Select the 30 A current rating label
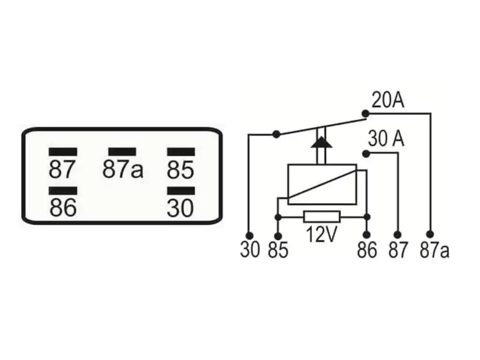click(x=386, y=138)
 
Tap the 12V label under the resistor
click(x=321, y=234)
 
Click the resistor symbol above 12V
click(x=322, y=217)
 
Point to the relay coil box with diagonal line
click(x=322, y=184)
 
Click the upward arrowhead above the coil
click(x=322, y=142)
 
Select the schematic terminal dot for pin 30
click(x=249, y=236)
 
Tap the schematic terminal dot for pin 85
click(x=278, y=236)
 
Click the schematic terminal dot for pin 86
click(x=367, y=235)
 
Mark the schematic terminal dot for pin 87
click(x=397, y=235)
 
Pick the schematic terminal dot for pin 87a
click(x=430, y=234)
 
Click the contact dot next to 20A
click(x=366, y=113)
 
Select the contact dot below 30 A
click(x=366, y=154)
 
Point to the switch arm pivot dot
click(x=276, y=134)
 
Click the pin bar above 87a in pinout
click(x=122, y=152)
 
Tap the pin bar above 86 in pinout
click(x=63, y=191)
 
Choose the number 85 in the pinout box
click(x=180, y=170)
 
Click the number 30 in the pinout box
click(x=180, y=208)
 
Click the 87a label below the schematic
click(x=435, y=250)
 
